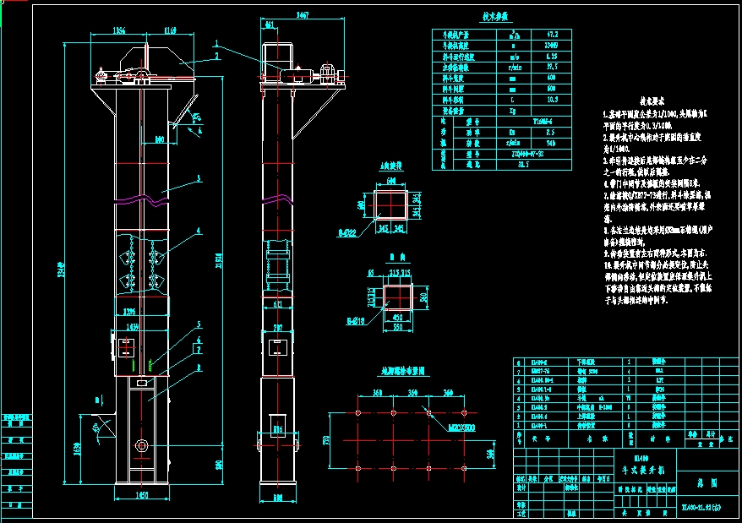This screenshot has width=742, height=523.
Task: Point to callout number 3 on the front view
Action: [x=198, y=178]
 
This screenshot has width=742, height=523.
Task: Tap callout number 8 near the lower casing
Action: [x=198, y=368]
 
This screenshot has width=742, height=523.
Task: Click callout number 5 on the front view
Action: [x=198, y=324]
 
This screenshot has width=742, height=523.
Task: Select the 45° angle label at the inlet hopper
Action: [x=98, y=428]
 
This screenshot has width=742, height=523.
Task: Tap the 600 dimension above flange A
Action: [x=390, y=180]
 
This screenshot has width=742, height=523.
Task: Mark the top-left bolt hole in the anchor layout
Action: [x=358, y=413]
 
